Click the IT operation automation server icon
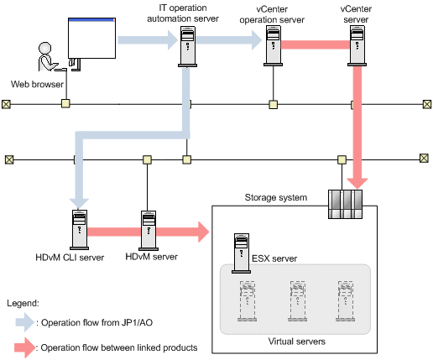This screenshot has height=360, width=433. click(187, 46)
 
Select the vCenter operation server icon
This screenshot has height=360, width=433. click(273, 45)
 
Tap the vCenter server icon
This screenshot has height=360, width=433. click(357, 45)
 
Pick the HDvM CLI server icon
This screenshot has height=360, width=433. click(80, 230)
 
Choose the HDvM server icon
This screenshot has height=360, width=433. click(149, 231)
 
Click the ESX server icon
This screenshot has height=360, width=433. click(241, 253)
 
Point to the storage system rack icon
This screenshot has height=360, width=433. click(345, 204)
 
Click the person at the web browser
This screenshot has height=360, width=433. click(48, 57)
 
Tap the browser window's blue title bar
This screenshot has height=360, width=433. click(91, 19)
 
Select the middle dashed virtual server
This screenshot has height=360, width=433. click(298, 301)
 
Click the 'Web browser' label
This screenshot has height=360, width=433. click(37, 84)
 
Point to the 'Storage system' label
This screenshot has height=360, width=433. click(276, 197)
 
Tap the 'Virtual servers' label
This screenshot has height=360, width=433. click(297, 342)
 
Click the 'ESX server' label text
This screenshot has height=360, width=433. click(274, 258)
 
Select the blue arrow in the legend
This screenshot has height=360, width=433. click(24, 322)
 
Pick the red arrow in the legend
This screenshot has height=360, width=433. click(25, 347)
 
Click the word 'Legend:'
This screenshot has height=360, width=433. click(23, 303)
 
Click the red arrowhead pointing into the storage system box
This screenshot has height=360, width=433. click(204, 232)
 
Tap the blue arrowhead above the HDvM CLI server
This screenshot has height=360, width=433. click(79, 204)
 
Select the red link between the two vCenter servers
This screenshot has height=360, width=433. click(316, 44)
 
